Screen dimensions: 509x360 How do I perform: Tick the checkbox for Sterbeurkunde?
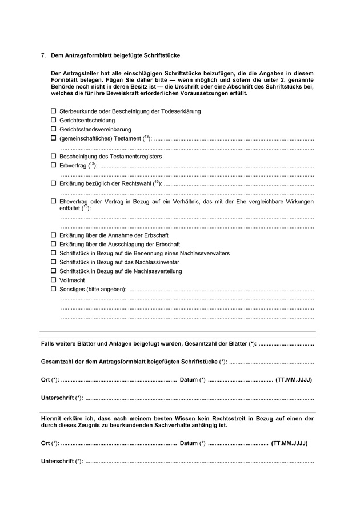(x=54, y=111)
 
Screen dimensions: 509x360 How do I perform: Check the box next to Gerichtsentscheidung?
(x=54, y=120)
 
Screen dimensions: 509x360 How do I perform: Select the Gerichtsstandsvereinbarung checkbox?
(x=54, y=129)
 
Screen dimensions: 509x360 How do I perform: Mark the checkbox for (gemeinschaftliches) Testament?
(x=54, y=138)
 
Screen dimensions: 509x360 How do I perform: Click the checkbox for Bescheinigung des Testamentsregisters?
(x=54, y=156)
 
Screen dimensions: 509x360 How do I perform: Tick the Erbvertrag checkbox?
(x=54, y=165)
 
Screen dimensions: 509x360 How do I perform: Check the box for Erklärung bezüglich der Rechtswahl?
(x=54, y=183)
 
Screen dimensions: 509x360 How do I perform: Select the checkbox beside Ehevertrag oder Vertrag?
(x=54, y=201)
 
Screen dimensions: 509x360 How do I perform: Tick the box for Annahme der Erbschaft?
(x=54, y=235)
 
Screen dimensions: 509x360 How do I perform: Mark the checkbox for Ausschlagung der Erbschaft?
(x=54, y=244)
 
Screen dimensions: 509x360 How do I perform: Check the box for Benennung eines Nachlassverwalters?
(x=54, y=253)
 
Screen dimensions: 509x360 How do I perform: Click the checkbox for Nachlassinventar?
(x=54, y=262)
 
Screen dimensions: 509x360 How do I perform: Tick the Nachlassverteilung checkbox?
(x=54, y=271)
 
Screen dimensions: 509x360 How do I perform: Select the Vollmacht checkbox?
(x=54, y=280)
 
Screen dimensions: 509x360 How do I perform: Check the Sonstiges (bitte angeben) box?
(x=54, y=289)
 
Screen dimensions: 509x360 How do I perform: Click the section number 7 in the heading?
(x=43, y=55)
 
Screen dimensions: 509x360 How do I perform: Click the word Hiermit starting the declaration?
(x=53, y=419)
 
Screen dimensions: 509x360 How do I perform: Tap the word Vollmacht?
(x=73, y=280)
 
